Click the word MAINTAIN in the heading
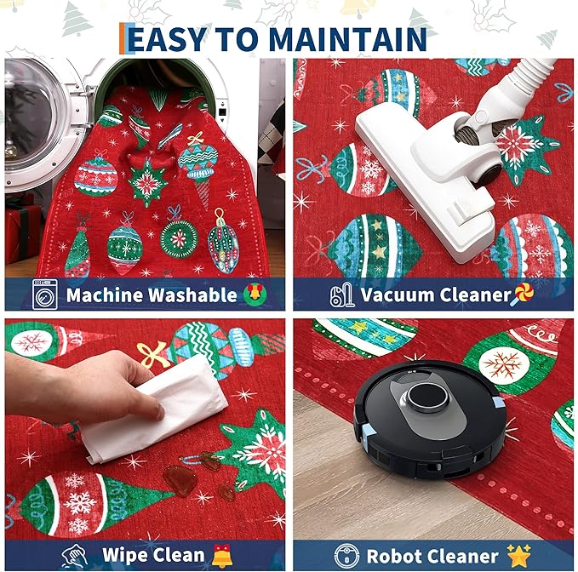click(x=348, y=38)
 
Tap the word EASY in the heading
click(x=167, y=38)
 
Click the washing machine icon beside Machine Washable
click(x=45, y=295)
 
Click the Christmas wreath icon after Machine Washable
click(x=255, y=294)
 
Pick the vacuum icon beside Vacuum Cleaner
click(x=341, y=295)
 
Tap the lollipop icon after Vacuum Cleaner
click(x=522, y=295)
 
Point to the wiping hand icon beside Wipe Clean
click(x=74, y=556)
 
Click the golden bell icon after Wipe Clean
click(x=222, y=556)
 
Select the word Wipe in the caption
click(x=123, y=555)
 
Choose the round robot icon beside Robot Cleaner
click(x=346, y=556)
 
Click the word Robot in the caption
click(x=392, y=556)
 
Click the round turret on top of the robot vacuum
click(x=429, y=398)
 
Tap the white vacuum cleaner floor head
click(x=424, y=177)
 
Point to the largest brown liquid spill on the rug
click(x=180, y=480)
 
